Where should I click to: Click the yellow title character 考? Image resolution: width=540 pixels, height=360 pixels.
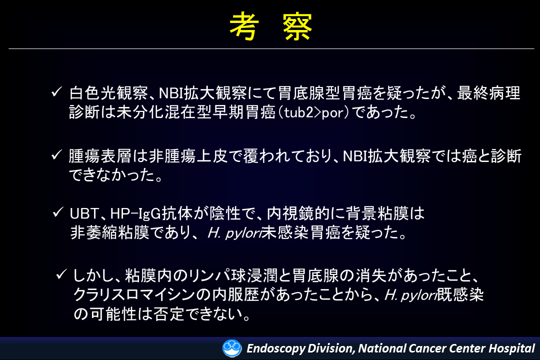click(244, 27)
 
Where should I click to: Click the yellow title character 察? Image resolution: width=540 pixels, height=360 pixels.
click(297, 27)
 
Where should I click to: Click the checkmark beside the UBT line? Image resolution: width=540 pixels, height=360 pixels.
click(58, 212)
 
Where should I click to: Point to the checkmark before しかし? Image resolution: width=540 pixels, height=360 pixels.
click(61, 274)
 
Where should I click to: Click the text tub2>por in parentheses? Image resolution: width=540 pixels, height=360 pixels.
click(316, 112)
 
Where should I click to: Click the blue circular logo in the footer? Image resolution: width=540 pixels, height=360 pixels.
click(232, 348)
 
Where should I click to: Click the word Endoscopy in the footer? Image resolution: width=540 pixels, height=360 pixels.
click(276, 348)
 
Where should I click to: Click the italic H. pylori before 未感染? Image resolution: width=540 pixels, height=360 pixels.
click(234, 233)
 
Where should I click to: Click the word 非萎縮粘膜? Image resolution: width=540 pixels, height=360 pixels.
click(110, 232)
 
